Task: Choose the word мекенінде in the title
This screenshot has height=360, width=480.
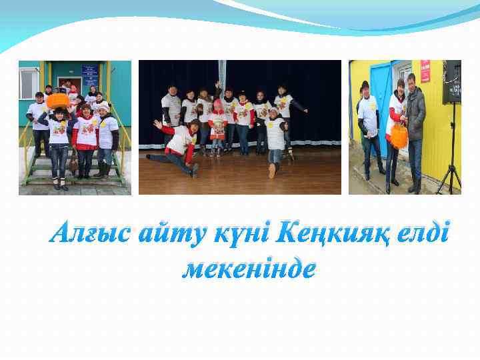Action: pyautogui.click(x=249, y=268)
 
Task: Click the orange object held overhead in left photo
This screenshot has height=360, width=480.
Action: pyautogui.click(x=58, y=101)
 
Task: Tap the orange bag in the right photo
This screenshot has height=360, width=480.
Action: pyautogui.click(x=399, y=136)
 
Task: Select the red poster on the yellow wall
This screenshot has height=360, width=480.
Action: pyautogui.click(x=425, y=71)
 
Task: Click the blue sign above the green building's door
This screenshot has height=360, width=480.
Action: pyautogui.click(x=89, y=70)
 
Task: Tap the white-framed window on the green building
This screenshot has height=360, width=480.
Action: pyautogui.click(x=29, y=83)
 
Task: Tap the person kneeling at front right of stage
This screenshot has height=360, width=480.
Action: pyautogui.click(x=275, y=140)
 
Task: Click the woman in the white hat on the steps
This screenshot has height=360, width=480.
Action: pyautogui.click(x=104, y=133)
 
